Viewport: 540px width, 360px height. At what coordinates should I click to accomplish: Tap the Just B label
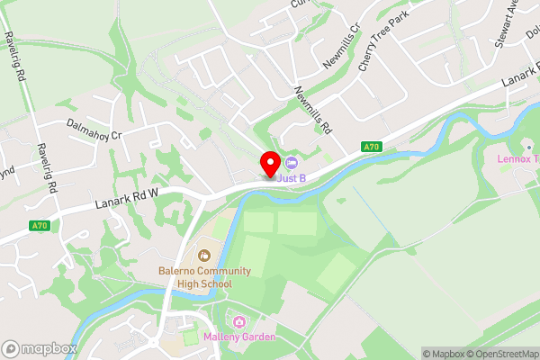291,178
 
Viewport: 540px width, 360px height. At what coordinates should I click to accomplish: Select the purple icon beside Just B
291,163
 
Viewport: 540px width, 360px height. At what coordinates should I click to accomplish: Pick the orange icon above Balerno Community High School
204,256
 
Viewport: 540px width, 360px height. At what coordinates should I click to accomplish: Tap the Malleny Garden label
238,337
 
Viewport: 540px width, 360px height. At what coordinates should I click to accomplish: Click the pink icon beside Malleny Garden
238,322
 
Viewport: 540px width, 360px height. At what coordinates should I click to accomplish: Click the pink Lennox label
518,159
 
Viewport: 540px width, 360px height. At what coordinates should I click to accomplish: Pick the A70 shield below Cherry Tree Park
372,147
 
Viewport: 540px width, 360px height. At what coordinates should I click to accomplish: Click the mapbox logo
39,348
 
